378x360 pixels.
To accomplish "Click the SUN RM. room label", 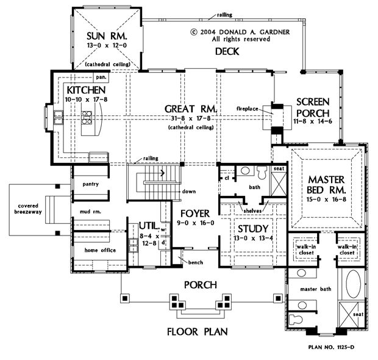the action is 107,36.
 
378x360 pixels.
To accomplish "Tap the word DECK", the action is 227,51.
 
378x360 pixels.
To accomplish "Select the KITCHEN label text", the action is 86,90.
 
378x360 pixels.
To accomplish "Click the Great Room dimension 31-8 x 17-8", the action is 191,118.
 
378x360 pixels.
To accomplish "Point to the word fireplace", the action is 248,109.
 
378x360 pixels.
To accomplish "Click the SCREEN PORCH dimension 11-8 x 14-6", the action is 313,121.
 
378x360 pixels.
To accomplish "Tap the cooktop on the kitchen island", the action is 87,118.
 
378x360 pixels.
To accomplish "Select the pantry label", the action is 91,184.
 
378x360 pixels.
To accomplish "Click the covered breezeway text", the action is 28,209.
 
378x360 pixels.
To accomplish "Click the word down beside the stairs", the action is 189,192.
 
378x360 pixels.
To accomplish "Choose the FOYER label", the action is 195,214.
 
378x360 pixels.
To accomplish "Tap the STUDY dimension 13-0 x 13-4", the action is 253,239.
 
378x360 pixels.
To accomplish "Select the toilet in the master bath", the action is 296,320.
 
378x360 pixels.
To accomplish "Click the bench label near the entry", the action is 196,262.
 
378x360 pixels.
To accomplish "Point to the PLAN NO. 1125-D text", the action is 332,347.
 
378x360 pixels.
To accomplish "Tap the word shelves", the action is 252,211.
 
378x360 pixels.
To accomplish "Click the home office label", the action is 100,250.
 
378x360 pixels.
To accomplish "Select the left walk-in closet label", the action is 306,250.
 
